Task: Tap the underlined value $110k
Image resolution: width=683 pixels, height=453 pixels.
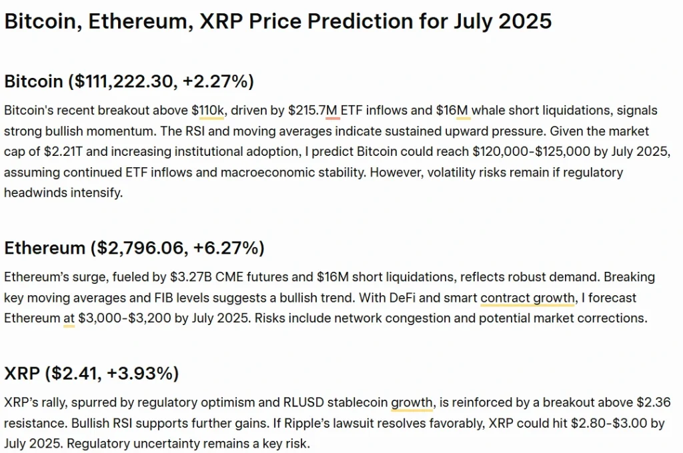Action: (209, 110)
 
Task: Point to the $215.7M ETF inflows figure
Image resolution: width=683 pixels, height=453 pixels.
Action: (313, 110)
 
